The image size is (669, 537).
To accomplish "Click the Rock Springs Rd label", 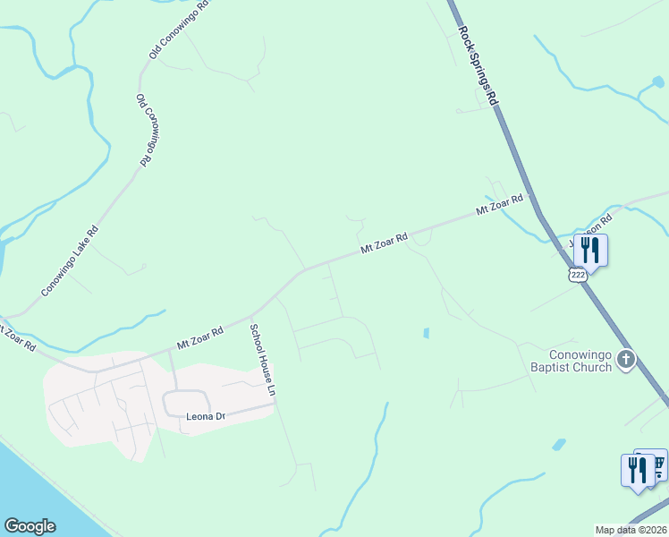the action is pos(478,65).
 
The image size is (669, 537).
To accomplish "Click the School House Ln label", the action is pos(261,360).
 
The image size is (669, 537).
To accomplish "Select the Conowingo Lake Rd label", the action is pos(69,261).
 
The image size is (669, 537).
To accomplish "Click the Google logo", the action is pos(30,526).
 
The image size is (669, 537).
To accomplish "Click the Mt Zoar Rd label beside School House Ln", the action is pos(199,337).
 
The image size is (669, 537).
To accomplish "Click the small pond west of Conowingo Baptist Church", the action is pos(426,334).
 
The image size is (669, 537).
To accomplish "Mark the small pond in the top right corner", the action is pos(658,82).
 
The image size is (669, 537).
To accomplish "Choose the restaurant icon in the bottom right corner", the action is pos(637,468).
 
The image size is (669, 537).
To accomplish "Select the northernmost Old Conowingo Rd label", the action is pos(179,30).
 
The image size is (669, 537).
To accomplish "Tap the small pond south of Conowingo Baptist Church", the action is pos(559,444).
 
